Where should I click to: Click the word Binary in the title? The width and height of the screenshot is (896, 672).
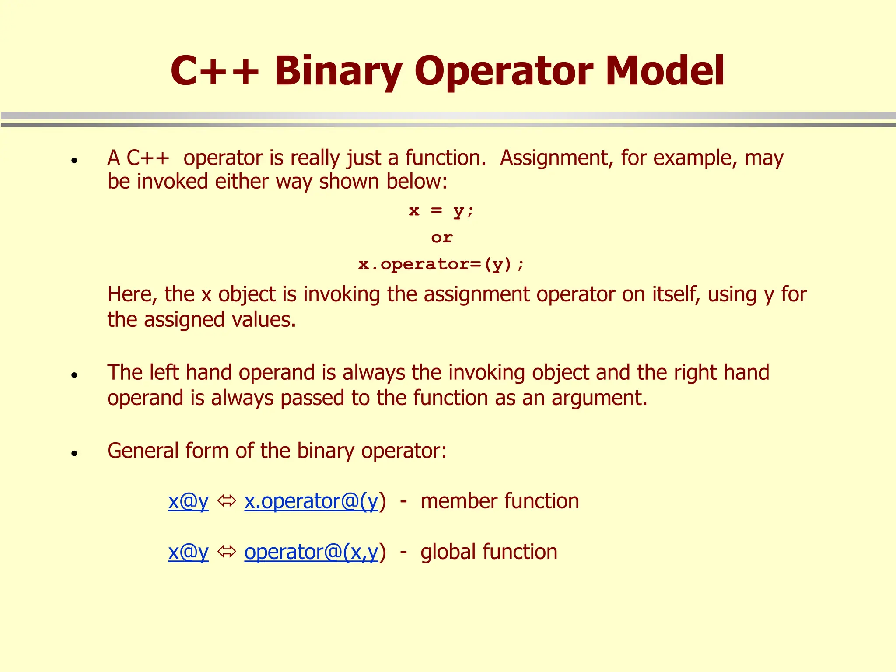tap(338, 71)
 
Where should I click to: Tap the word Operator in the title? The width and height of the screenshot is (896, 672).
tap(504, 71)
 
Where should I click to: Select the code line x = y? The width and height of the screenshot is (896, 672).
tap(441, 211)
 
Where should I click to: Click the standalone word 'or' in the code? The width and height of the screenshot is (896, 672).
tap(441, 238)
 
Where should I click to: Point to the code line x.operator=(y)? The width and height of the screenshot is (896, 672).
tap(441, 264)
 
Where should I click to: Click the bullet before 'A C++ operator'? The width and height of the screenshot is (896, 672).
tap(74, 161)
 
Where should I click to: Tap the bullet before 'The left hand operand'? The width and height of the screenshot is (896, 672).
tap(74, 375)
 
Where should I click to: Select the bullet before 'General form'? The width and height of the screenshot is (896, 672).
tap(74, 453)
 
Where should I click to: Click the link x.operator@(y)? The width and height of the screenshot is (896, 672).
tap(311, 501)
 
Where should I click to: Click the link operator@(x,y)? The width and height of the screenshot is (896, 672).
tap(311, 552)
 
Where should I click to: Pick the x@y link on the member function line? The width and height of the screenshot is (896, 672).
tap(188, 501)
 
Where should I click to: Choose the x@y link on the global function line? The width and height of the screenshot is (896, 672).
tap(188, 552)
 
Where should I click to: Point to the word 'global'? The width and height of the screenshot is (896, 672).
tap(448, 552)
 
